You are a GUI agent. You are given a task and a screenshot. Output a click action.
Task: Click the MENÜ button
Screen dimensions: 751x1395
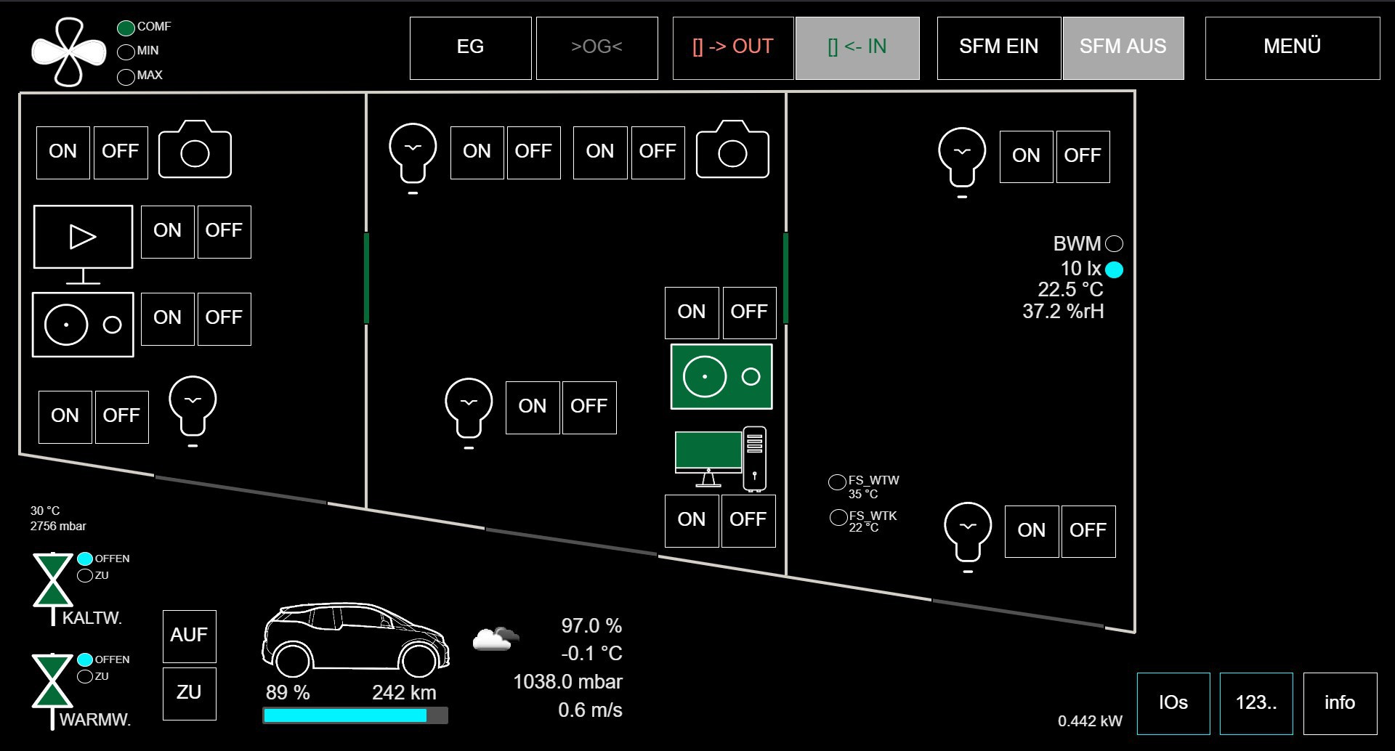click(1292, 47)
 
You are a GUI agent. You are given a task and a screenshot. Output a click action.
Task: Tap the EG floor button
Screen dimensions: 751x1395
click(470, 47)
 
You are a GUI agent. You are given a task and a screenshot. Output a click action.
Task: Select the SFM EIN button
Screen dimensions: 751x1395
click(998, 47)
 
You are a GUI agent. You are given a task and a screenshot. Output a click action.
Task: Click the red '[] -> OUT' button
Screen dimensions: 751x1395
click(732, 47)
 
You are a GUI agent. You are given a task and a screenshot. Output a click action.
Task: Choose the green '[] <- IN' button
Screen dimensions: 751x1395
click(857, 47)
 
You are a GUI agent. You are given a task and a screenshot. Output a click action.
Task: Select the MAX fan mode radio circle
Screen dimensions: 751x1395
click(126, 77)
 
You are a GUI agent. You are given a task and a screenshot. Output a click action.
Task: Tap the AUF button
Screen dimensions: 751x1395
click(189, 636)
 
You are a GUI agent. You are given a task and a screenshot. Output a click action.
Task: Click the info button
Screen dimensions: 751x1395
click(1339, 702)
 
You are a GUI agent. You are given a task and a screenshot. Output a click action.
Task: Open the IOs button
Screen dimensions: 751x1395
click(1173, 702)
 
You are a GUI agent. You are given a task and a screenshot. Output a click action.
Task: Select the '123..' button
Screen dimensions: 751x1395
click(1255, 702)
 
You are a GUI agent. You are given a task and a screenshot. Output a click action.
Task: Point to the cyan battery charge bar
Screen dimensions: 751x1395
click(345, 715)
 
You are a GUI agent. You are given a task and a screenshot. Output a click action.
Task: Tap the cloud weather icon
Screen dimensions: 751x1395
click(496, 638)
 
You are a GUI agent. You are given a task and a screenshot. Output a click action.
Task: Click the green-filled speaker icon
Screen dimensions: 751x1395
click(721, 376)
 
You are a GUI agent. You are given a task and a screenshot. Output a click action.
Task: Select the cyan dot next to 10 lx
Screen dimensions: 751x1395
click(1114, 270)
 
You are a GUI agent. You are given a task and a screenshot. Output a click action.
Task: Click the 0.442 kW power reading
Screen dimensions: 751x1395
click(1090, 721)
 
